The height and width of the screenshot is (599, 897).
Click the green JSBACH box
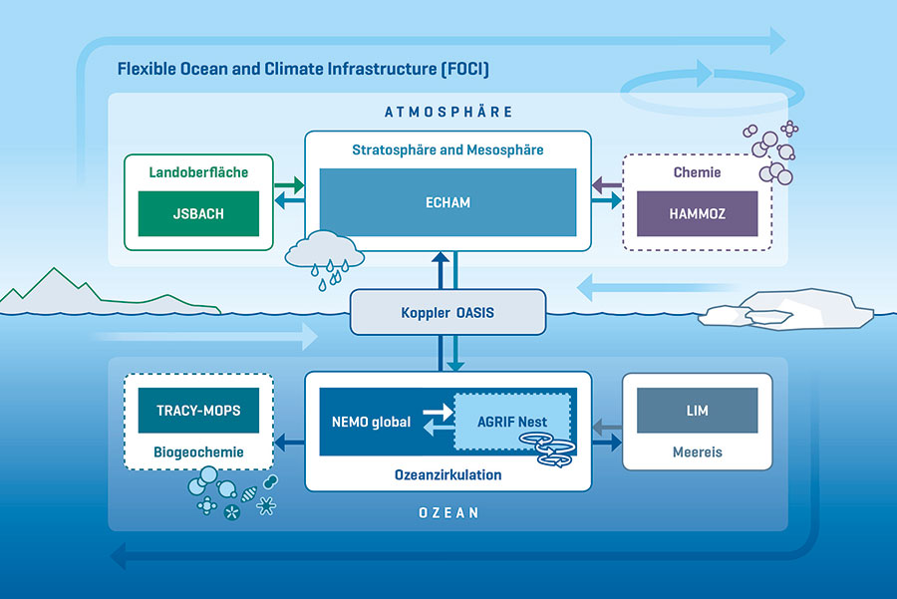click(198, 212)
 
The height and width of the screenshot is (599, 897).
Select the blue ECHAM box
click(448, 202)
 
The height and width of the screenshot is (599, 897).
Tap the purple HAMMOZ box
click(698, 212)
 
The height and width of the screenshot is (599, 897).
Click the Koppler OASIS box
click(448, 312)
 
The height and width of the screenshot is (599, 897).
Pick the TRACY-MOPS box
click(198, 410)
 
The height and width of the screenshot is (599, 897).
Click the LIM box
click(697, 411)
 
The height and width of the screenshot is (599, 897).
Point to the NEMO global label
click(371, 422)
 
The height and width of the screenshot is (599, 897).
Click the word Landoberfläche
click(198, 172)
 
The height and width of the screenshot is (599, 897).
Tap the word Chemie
click(698, 172)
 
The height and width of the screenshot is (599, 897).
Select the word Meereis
click(697, 451)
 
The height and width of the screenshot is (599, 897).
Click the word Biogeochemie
click(198, 450)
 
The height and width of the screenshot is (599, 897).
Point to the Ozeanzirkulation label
click(448, 474)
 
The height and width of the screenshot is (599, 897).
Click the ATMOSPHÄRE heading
click(448, 112)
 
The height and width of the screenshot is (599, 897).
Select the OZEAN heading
click(448, 513)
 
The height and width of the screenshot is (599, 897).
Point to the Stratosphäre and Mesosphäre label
click(448, 150)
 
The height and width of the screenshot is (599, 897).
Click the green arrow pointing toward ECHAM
click(290, 185)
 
